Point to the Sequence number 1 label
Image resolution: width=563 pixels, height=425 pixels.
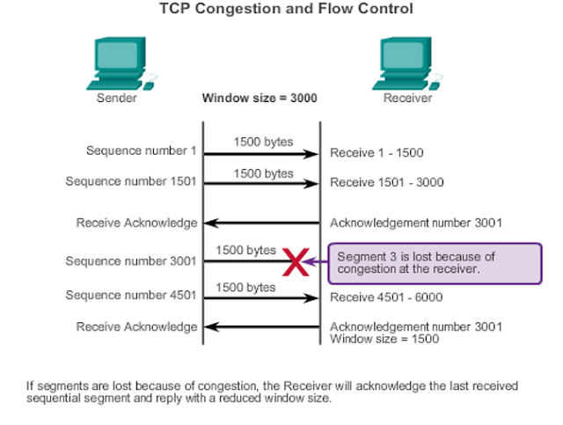point(141,150)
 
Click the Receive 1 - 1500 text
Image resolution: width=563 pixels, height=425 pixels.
point(377,153)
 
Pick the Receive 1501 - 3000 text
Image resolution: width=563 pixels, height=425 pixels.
point(386,183)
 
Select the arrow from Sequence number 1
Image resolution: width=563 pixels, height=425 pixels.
point(260,154)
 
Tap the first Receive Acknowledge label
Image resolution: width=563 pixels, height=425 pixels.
point(137,223)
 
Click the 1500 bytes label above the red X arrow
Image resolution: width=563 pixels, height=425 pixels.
point(246,251)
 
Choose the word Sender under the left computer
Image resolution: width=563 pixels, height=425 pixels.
point(116,99)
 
